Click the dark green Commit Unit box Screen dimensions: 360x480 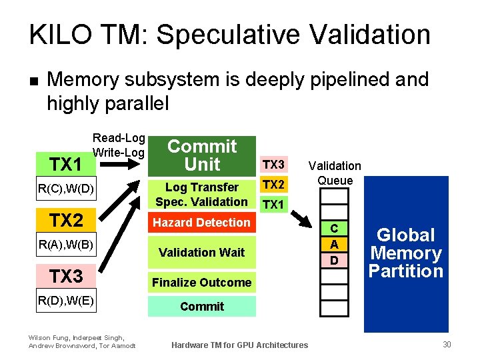(201, 155)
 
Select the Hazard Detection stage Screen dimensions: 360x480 (201, 223)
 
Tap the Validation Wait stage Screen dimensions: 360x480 (201, 253)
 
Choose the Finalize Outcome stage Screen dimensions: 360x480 (201, 283)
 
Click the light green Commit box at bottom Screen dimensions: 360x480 (201, 307)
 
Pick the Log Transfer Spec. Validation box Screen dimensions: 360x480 (201, 194)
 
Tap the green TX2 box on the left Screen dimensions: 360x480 (66, 220)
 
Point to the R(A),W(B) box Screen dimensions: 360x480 (66, 245)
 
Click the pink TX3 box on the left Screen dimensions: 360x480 (66, 275)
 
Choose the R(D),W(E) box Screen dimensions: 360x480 (66, 301)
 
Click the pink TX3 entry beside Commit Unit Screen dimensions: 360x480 (273, 165)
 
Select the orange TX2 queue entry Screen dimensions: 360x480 (273, 185)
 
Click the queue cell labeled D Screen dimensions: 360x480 (335, 259)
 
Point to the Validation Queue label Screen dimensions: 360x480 (335, 173)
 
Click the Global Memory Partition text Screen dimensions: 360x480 (406, 253)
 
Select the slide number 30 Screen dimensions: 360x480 (446, 344)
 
